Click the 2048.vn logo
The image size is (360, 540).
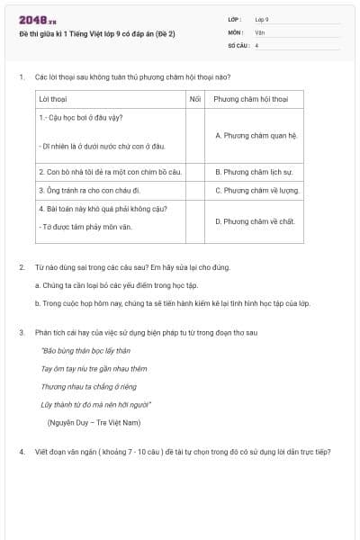[x=38, y=20]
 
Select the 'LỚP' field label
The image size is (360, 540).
[x=235, y=19]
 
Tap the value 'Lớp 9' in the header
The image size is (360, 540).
[x=262, y=19]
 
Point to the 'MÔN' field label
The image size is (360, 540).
[x=236, y=31]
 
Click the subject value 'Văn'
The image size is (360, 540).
[x=260, y=31]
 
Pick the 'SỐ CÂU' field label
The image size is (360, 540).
[x=238, y=44]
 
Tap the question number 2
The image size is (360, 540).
[x=22, y=267]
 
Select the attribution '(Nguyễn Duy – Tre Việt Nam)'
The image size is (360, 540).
[x=94, y=422]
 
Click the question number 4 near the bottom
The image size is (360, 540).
[x=22, y=451]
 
